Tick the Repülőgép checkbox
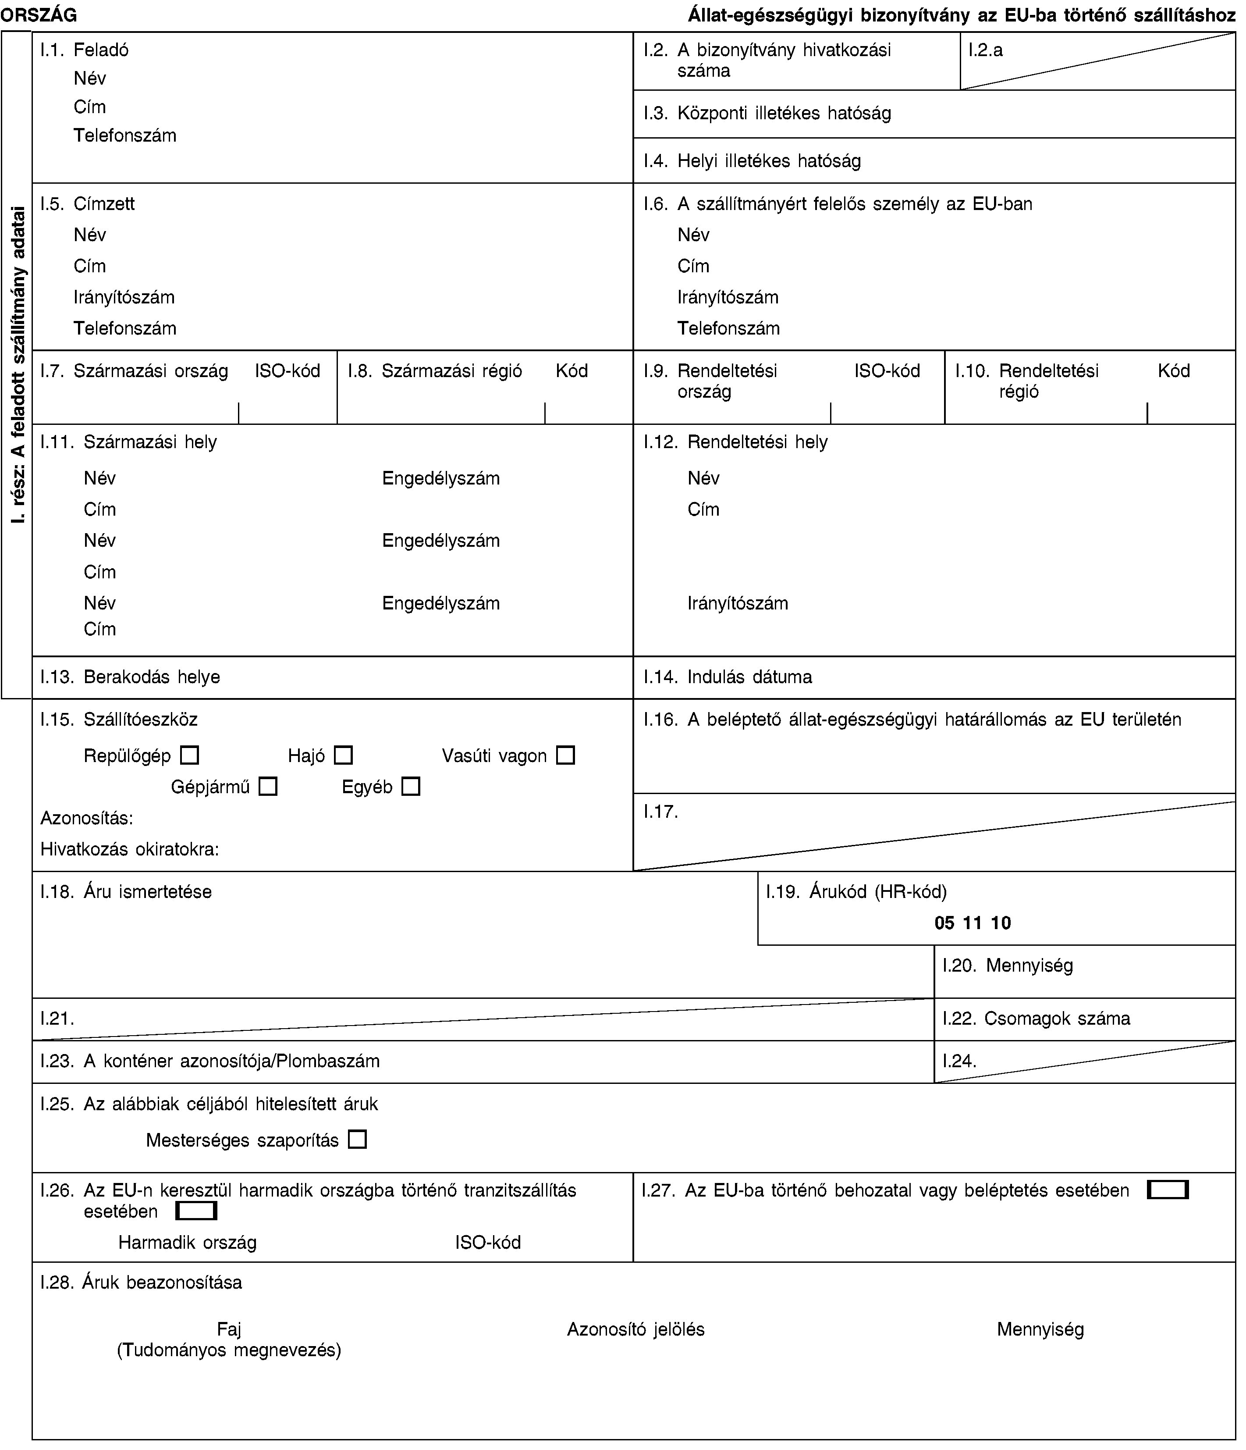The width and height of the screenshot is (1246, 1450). click(190, 756)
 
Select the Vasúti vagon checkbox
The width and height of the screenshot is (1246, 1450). click(565, 756)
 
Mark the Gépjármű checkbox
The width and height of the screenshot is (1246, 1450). click(268, 787)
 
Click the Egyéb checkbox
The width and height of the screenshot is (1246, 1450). click(411, 787)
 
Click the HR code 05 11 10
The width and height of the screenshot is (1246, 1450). click(973, 923)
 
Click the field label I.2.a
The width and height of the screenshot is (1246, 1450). click(986, 50)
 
